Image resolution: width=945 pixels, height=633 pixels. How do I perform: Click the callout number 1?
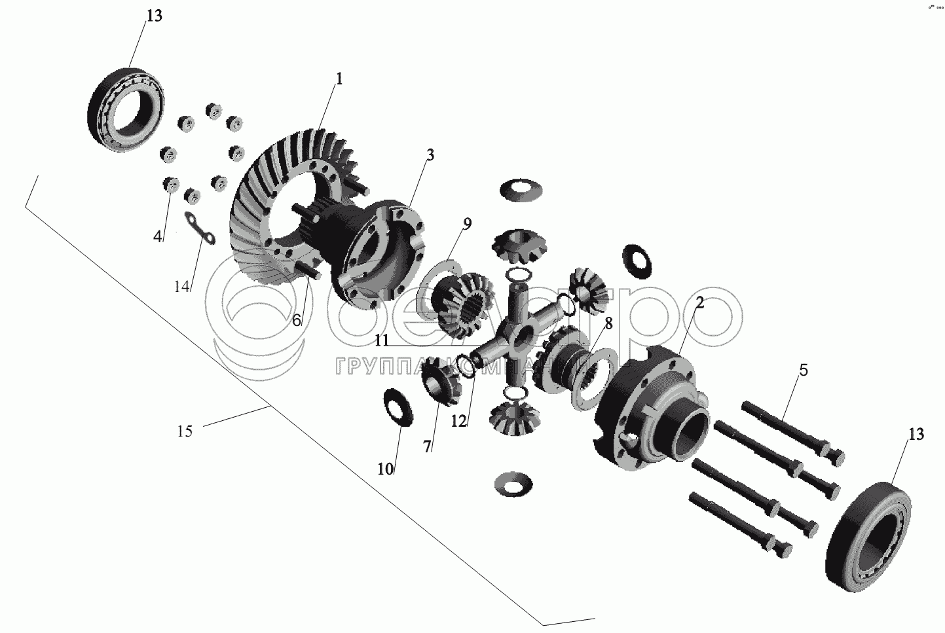click(x=339, y=79)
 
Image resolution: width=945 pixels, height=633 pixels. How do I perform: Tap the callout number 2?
click(x=699, y=302)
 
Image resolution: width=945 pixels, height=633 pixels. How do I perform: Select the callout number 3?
click(x=430, y=155)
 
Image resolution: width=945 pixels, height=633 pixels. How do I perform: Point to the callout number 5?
click(x=803, y=371)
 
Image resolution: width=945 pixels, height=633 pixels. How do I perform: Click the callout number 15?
click(x=185, y=431)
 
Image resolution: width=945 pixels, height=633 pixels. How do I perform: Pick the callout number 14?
click(x=182, y=286)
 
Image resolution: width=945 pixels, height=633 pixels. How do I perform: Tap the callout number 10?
click(x=385, y=469)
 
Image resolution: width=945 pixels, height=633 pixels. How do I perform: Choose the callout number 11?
click(x=382, y=340)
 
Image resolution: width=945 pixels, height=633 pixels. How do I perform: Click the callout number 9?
click(x=466, y=223)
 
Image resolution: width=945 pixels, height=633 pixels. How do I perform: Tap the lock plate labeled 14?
click(x=200, y=230)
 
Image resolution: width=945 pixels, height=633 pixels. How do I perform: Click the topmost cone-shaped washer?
click(x=521, y=190)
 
